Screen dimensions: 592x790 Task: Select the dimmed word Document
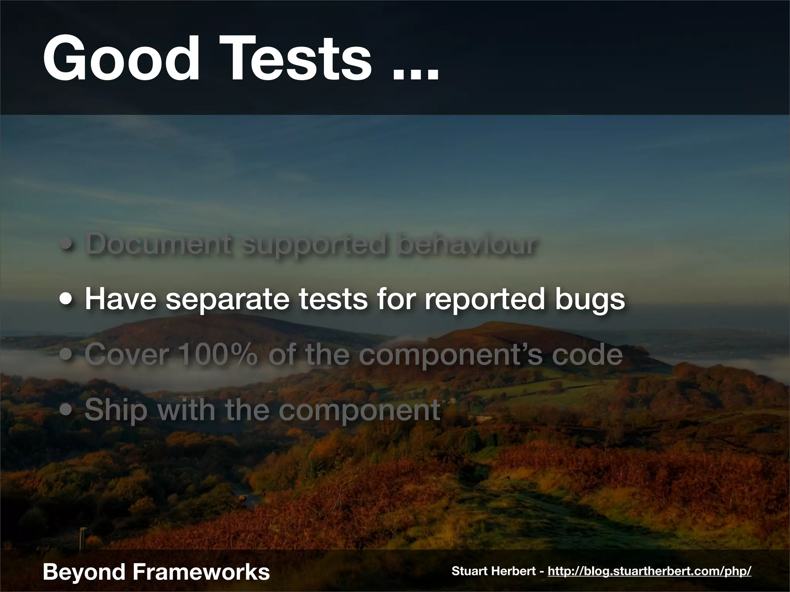(159, 244)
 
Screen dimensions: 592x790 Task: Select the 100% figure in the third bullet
(218, 355)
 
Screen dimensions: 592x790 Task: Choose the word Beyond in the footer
(84, 572)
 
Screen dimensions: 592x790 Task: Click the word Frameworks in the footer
(201, 571)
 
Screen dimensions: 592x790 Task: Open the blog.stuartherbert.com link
(649, 571)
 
